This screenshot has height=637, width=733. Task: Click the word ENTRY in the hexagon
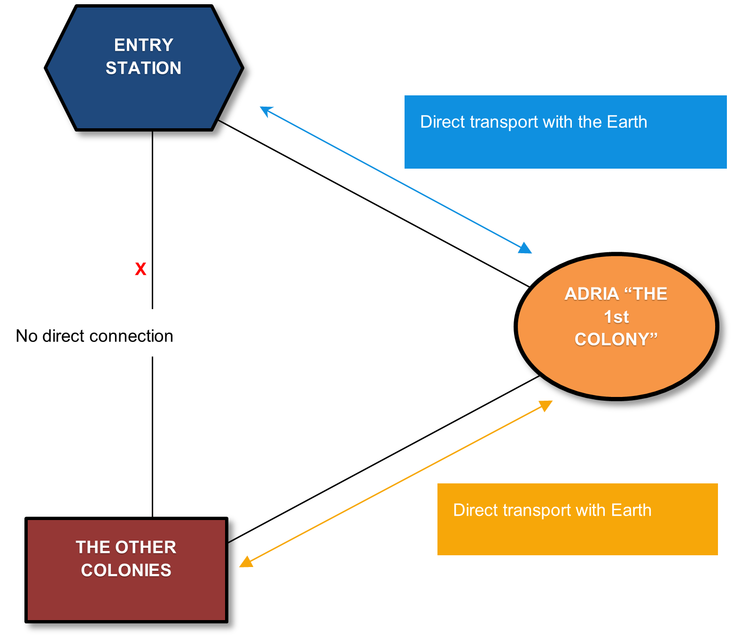click(143, 45)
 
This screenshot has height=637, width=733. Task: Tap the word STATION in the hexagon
click(143, 68)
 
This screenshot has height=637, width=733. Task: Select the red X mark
click(140, 269)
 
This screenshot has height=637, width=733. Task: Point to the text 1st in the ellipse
click(616, 317)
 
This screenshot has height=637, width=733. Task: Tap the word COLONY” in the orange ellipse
click(616, 339)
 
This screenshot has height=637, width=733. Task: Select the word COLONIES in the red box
click(126, 570)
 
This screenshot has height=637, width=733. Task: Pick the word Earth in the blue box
click(627, 122)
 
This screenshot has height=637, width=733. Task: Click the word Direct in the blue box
click(443, 122)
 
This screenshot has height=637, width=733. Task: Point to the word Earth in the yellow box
click(631, 511)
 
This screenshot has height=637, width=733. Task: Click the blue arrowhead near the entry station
click(265, 110)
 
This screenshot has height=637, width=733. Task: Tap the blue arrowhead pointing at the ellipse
click(525, 249)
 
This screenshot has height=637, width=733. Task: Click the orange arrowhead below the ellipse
click(546, 405)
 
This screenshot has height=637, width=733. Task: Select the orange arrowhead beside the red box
click(246, 562)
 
